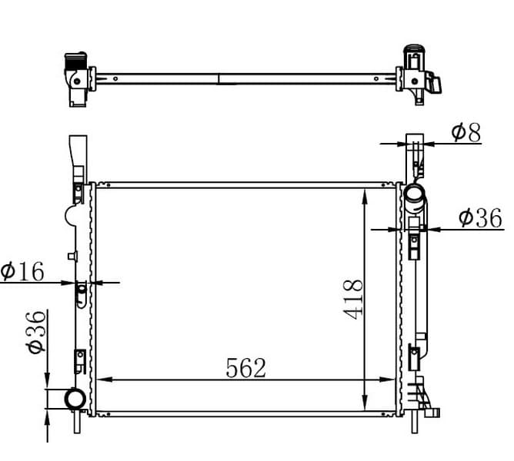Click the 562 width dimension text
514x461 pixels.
click(x=246, y=367)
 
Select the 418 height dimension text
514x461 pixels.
click(x=352, y=300)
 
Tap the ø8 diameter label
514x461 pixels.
click(x=466, y=133)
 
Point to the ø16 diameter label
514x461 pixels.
click(x=22, y=271)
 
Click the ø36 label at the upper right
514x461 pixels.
click(x=480, y=217)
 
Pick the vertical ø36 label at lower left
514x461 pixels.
click(x=36, y=333)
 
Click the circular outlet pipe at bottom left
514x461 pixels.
click(x=75, y=399)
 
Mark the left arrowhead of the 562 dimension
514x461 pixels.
click(x=105, y=380)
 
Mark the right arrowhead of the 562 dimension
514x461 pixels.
click(x=387, y=380)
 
